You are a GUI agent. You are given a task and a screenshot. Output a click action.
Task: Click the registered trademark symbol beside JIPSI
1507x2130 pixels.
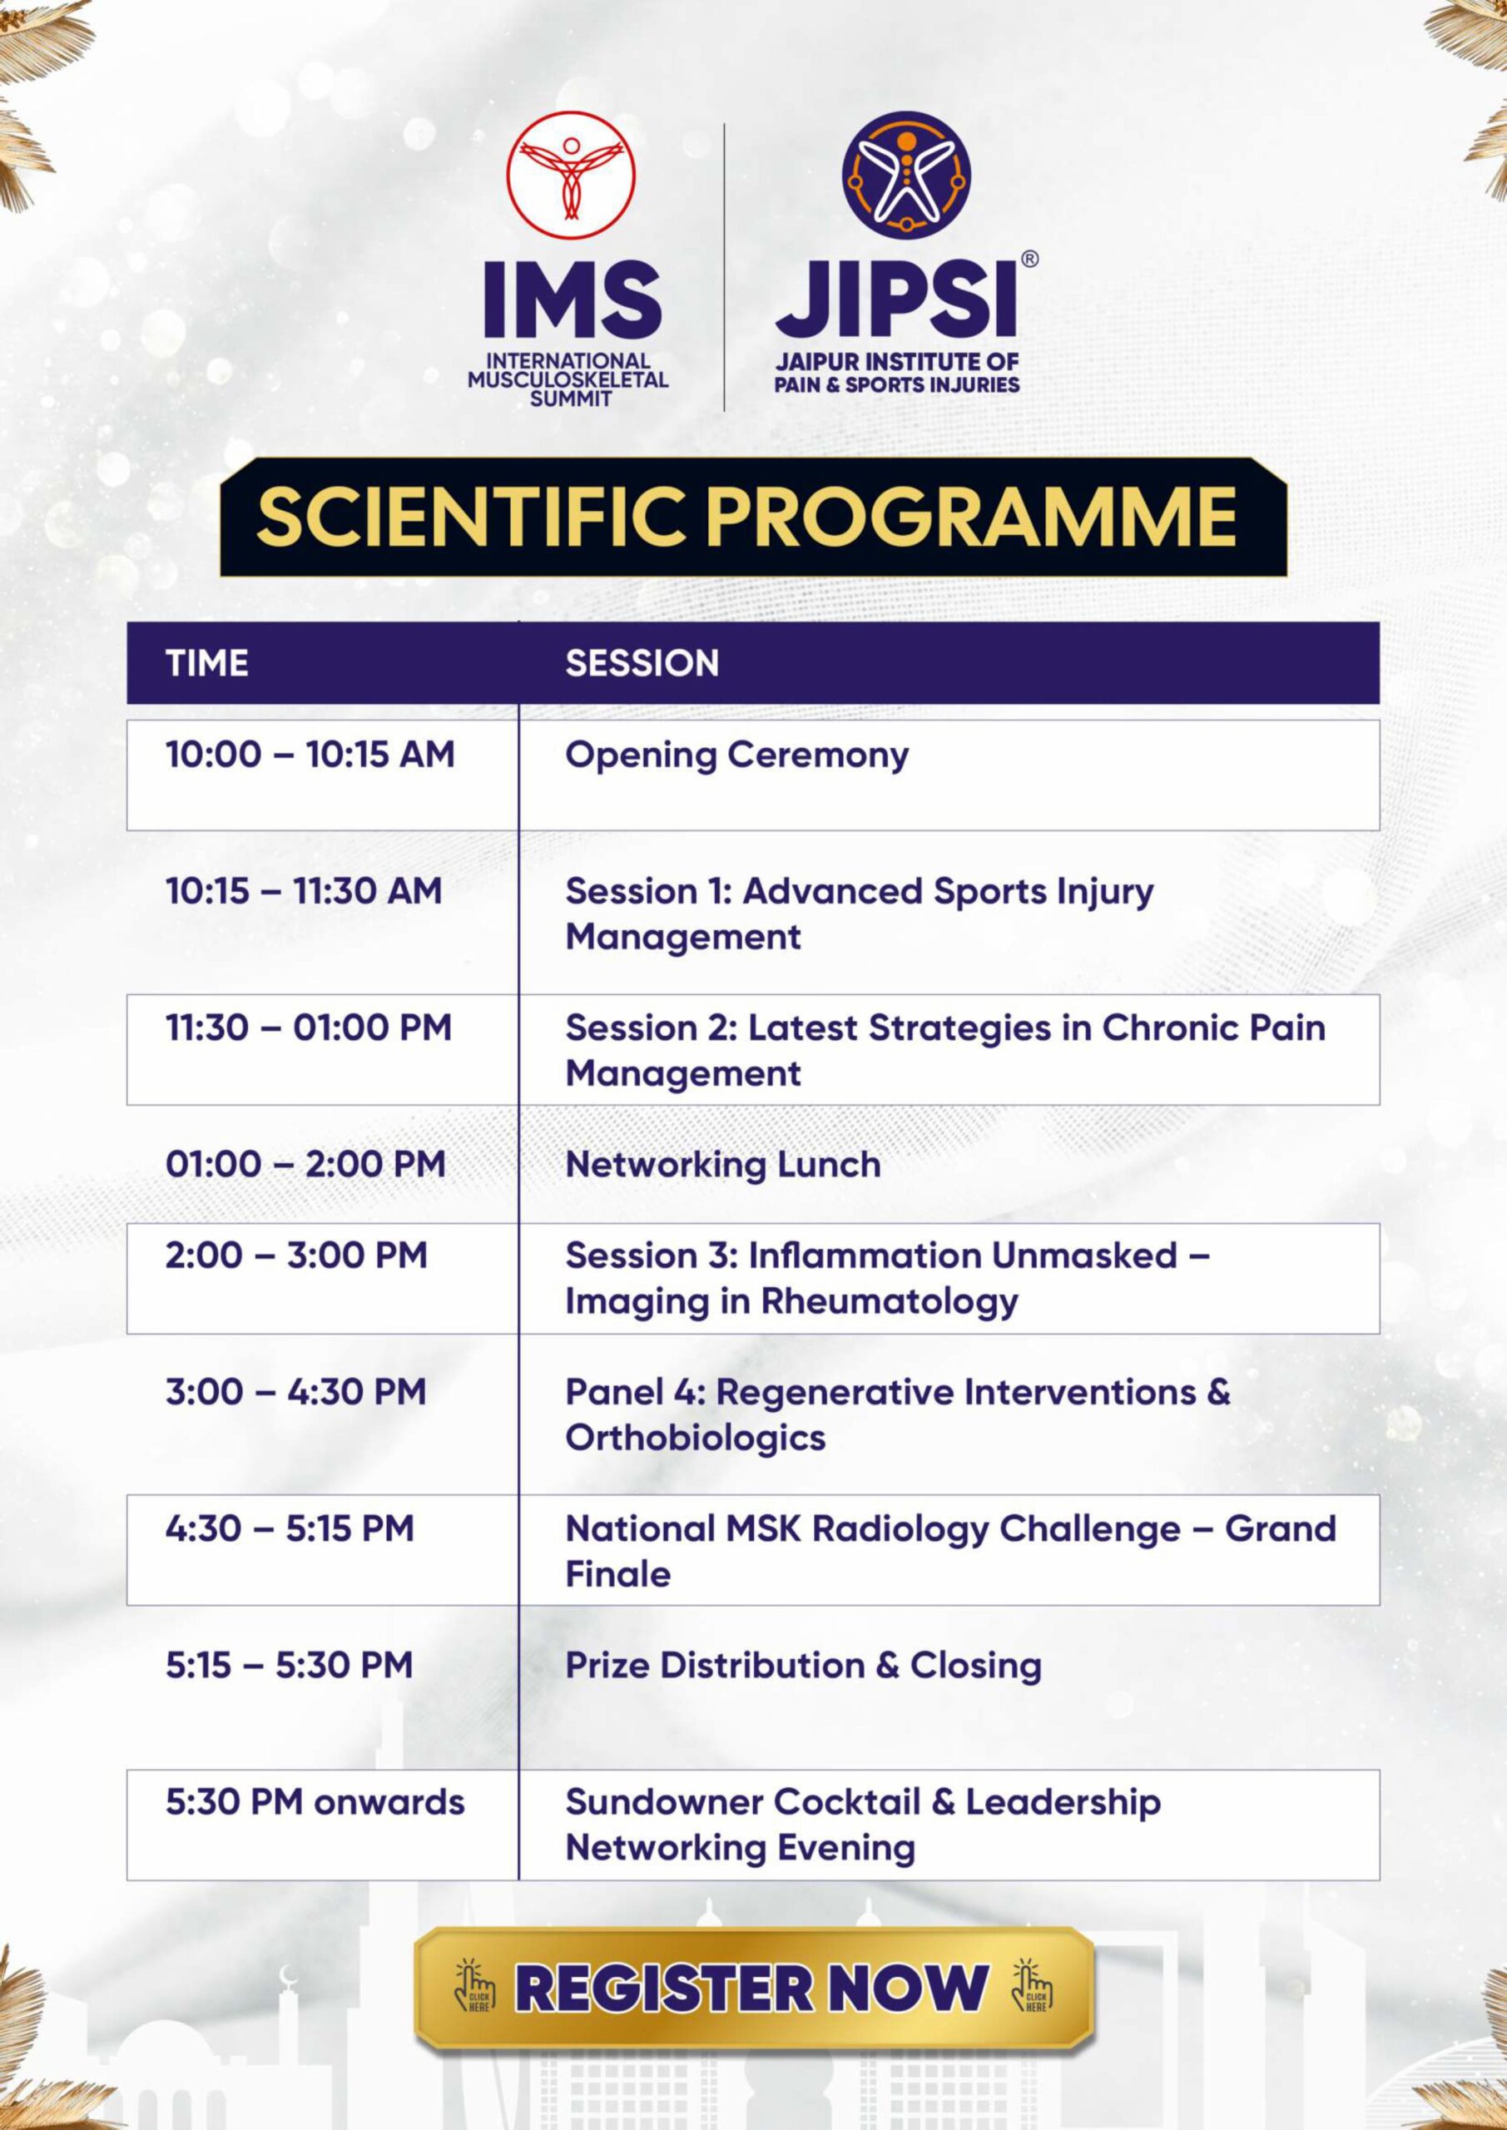click(x=1029, y=260)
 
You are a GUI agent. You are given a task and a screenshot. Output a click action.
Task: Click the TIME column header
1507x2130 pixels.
click(x=207, y=663)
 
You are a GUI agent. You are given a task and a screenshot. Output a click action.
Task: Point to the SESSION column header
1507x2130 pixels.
click(x=642, y=663)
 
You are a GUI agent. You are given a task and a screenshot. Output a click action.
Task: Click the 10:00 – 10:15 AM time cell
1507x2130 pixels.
click(x=310, y=754)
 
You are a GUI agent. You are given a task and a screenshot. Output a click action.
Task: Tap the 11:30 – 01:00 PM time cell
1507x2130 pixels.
click(x=308, y=1028)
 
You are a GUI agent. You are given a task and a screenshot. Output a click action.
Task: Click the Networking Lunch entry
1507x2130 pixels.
click(x=723, y=1164)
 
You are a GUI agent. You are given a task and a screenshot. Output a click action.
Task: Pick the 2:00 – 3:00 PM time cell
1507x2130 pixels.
click(x=296, y=1256)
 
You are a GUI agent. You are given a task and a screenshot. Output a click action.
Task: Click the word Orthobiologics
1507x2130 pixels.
click(x=695, y=1438)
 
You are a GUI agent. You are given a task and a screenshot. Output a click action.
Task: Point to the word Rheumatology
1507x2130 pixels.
click(x=890, y=1301)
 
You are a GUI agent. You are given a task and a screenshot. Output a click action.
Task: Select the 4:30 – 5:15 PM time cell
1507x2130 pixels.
click(x=290, y=1528)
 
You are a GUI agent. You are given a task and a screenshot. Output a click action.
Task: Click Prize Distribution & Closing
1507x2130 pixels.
click(x=804, y=1665)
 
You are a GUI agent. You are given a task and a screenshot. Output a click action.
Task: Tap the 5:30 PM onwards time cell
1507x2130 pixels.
click(x=315, y=1801)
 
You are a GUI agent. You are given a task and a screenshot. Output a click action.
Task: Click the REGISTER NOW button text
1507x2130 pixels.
click(x=751, y=1988)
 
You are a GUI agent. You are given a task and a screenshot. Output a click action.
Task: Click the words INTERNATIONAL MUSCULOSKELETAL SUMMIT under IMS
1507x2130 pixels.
click(x=568, y=379)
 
